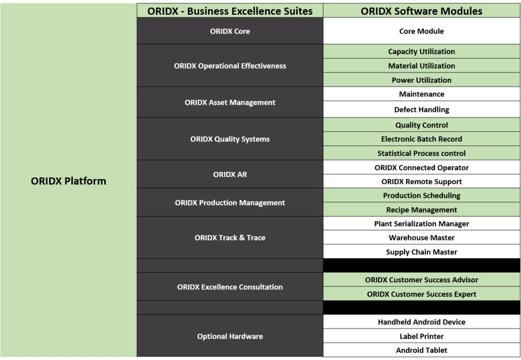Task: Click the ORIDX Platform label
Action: (x=69, y=181)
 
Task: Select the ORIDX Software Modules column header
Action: (x=422, y=11)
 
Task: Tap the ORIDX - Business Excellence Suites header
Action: (x=230, y=11)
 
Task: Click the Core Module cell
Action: (x=422, y=31)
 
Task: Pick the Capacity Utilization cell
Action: (x=422, y=51)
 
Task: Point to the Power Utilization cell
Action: (x=422, y=80)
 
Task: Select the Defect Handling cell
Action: (x=422, y=110)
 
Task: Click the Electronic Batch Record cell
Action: (x=422, y=139)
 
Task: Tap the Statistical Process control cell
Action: (x=422, y=154)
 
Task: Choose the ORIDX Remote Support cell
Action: (x=422, y=182)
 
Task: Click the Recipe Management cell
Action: (x=422, y=210)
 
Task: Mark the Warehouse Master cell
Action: (x=422, y=238)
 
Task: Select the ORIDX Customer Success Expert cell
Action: (x=422, y=294)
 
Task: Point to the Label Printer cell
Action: (x=422, y=337)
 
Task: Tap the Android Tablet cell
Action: (x=422, y=350)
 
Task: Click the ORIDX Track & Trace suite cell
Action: (x=230, y=238)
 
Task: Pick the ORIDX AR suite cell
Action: (x=230, y=174)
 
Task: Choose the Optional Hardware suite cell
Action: (x=230, y=336)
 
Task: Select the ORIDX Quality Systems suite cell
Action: (x=230, y=139)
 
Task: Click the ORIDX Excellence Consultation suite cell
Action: (x=230, y=287)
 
